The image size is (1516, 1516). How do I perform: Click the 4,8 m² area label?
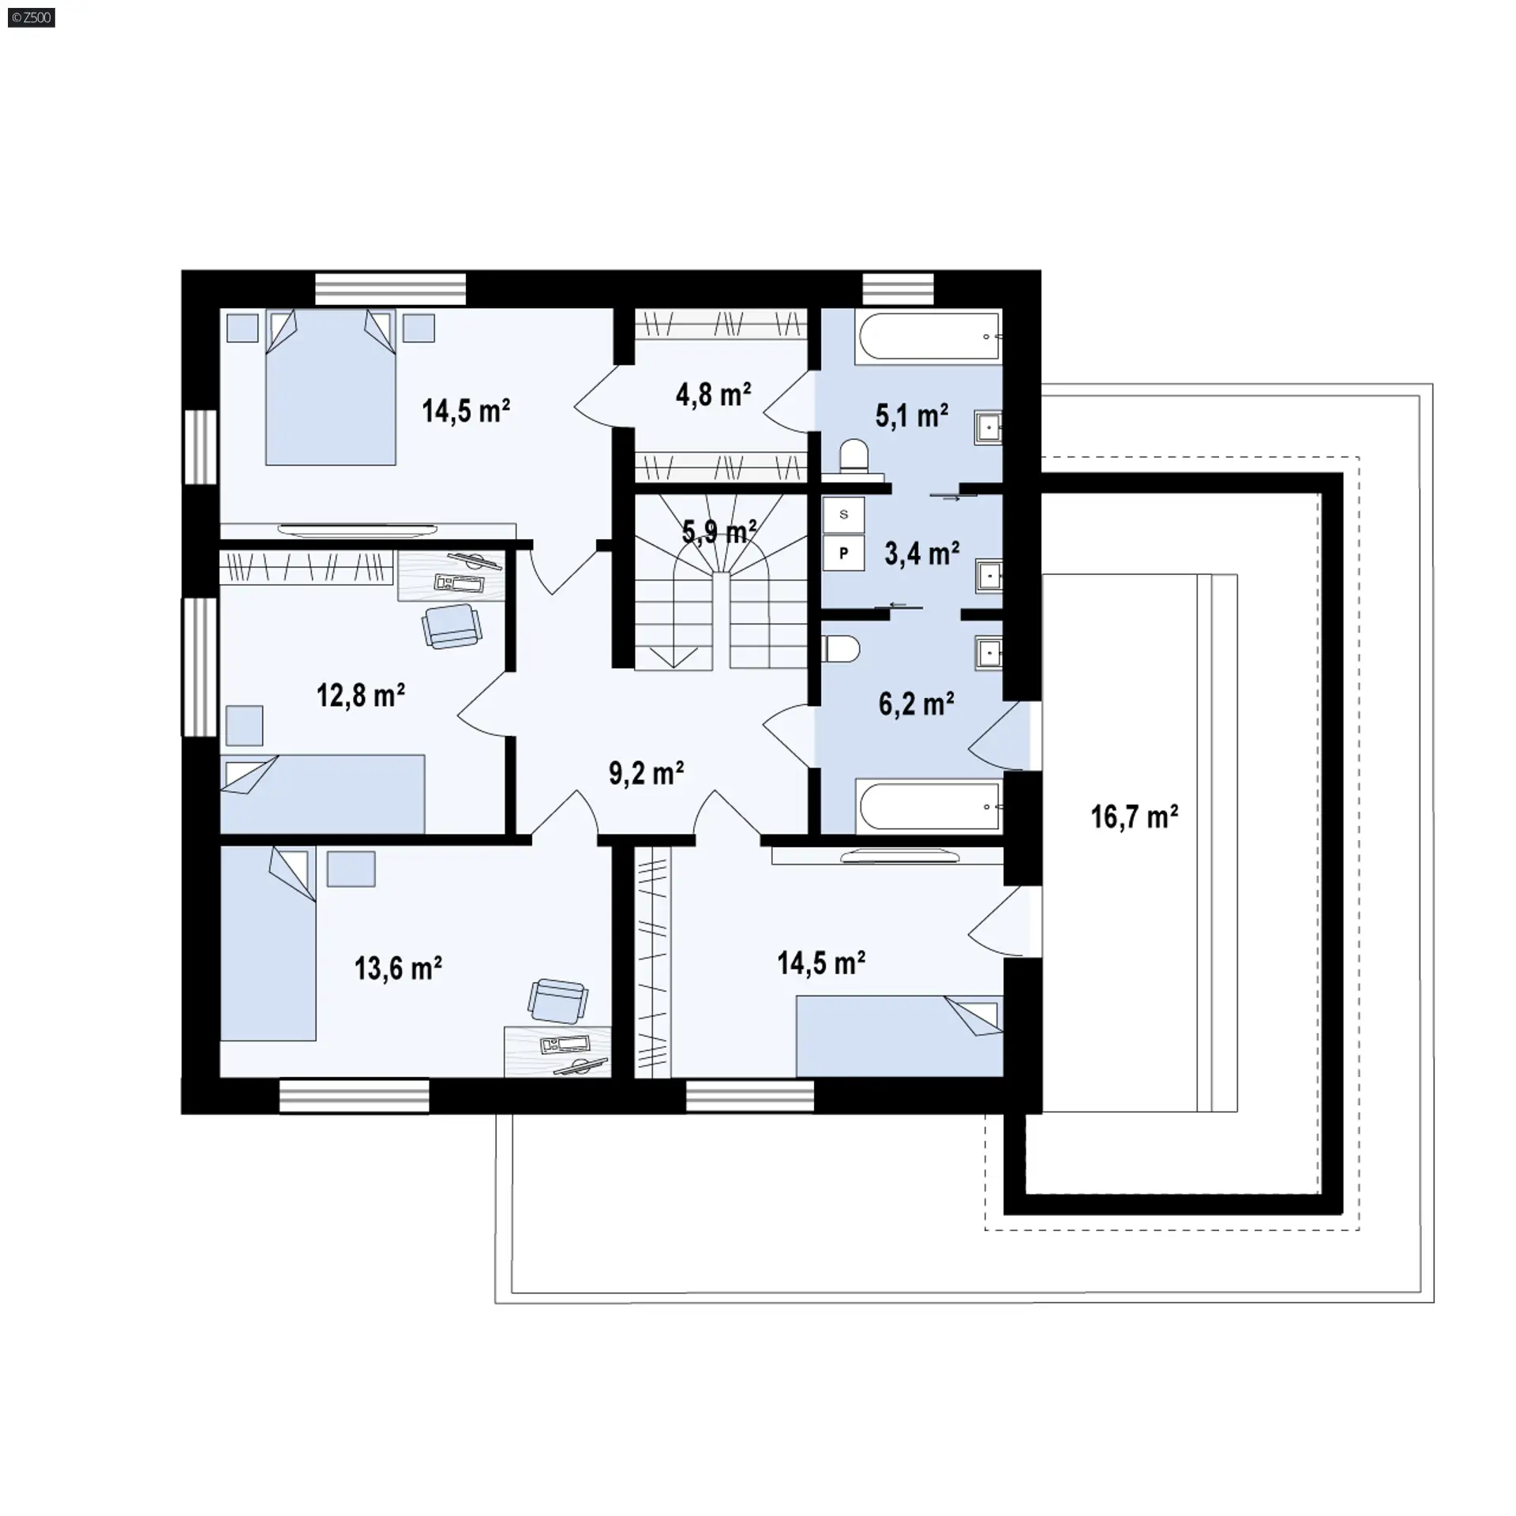tap(713, 394)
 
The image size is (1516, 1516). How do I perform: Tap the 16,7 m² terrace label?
tap(1135, 816)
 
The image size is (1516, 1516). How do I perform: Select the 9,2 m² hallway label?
tap(646, 773)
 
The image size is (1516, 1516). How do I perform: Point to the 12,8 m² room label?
tap(361, 696)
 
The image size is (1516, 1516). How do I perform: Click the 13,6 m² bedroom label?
tap(398, 968)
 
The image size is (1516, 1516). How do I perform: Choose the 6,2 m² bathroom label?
tap(917, 704)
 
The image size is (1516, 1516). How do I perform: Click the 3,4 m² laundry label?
tap(922, 553)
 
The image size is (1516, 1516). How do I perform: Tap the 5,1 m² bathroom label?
tap(912, 415)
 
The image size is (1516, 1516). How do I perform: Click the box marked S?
tap(843, 515)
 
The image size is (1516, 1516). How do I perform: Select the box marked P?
tap(843, 553)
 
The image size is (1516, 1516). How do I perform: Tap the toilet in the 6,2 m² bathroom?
tap(840, 649)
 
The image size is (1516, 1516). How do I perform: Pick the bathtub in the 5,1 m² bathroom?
tap(929, 337)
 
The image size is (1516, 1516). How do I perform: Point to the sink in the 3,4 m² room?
tap(989, 577)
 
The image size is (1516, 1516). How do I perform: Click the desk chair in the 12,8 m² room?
tap(451, 625)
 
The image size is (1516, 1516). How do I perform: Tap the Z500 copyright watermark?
tap(32, 17)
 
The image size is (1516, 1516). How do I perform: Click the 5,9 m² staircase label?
tap(719, 532)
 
